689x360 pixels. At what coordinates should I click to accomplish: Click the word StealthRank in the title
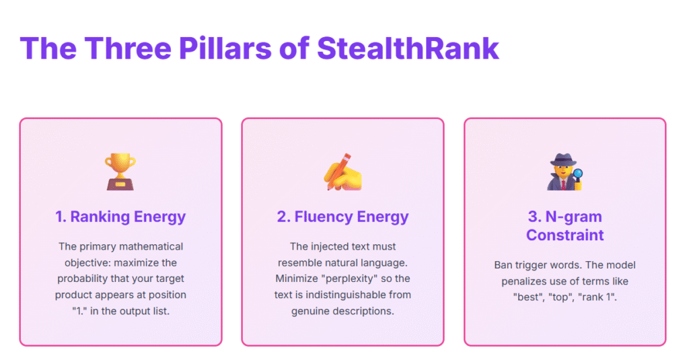408,48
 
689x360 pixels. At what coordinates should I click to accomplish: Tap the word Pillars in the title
225,48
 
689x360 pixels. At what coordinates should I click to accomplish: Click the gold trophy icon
120,172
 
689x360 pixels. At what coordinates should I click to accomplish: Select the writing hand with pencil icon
342,172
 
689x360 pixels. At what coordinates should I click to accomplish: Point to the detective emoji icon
565,172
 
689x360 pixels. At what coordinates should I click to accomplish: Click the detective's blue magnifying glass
577,174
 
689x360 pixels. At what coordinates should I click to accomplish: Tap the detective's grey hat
563,159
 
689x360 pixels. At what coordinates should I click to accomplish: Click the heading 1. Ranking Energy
120,217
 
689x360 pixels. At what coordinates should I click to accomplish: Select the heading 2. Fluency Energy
342,217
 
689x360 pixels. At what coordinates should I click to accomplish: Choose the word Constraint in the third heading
565,235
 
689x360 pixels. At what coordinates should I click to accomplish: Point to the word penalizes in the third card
523,281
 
